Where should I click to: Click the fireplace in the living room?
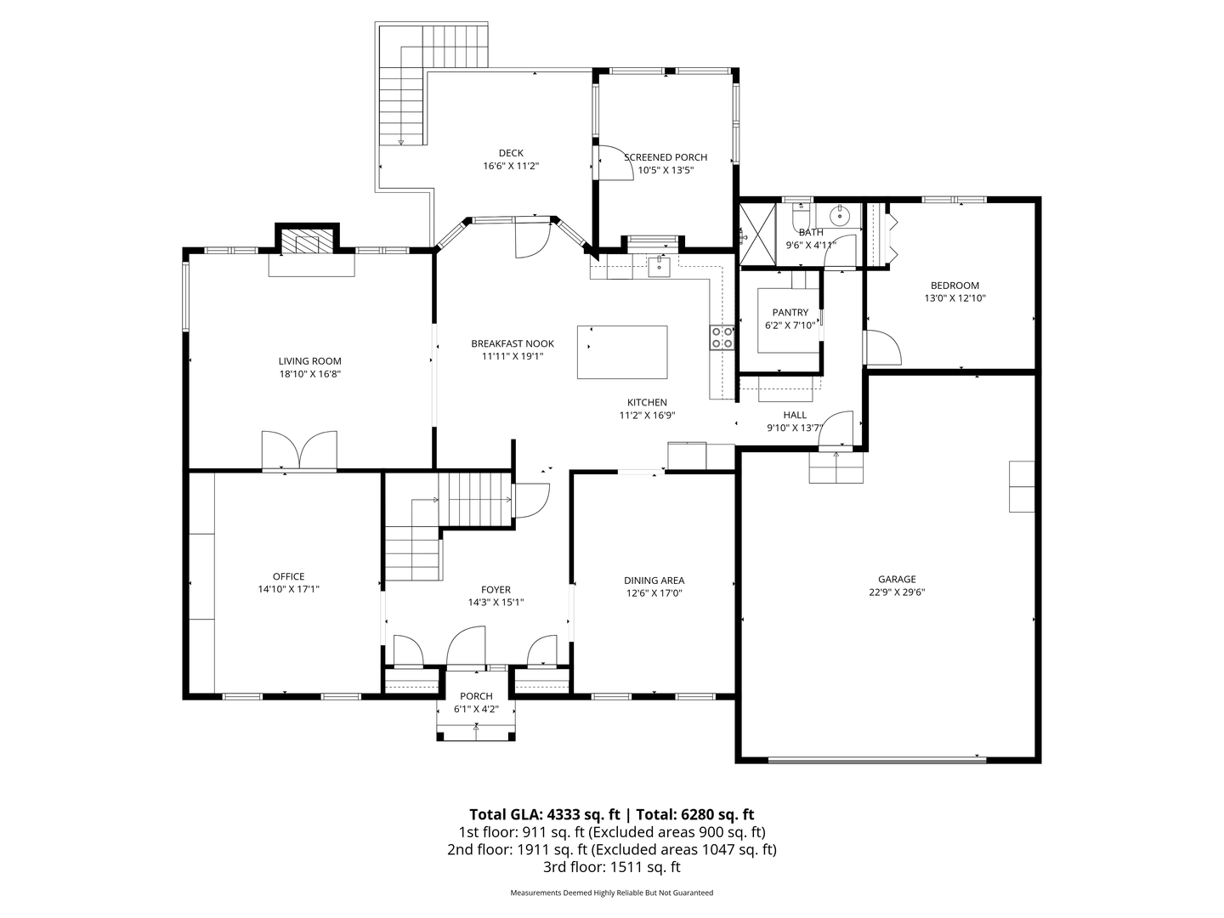click(x=307, y=241)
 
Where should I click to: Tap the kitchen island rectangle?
click(x=621, y=352)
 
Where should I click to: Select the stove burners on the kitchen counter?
click(x=722, y=337)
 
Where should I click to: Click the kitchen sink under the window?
click(x=659, y=266)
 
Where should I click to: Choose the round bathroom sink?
click(x=838, y=214)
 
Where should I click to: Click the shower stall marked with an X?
click(x=757, y=234)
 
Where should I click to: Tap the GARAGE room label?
click(x=897, y=579)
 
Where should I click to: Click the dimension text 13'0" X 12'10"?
click(x=955, y=298)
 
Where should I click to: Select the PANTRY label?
click(x=790, y=313)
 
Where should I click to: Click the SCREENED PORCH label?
click(x=666, y=158)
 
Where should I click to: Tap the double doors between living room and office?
click(x=299, y=450)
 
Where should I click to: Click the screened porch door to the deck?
click(x=614, y=163)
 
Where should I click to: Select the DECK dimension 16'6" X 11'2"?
click(x=511, y=166)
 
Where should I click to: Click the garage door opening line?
click(x=877, y=759)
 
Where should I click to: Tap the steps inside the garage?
click(x=836, y=467)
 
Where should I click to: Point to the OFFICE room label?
click(x=288, y=576)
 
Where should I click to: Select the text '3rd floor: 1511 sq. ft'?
click(x=612, y=867)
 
